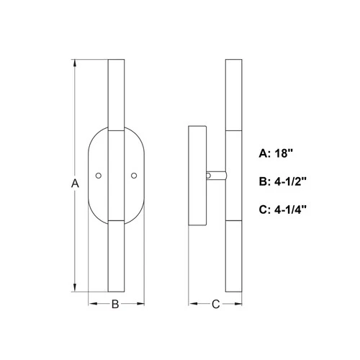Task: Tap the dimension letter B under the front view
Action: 115,304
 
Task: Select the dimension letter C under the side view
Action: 215,304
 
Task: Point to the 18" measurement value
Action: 288,153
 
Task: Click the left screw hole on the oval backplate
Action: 99,175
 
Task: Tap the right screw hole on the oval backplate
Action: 134,175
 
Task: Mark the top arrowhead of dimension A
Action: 75,63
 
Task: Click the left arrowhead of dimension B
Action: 91,305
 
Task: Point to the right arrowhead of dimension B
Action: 142,305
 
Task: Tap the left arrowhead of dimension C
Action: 192,305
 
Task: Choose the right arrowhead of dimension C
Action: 238,305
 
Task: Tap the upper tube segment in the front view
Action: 116,94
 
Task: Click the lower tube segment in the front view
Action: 116,256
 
